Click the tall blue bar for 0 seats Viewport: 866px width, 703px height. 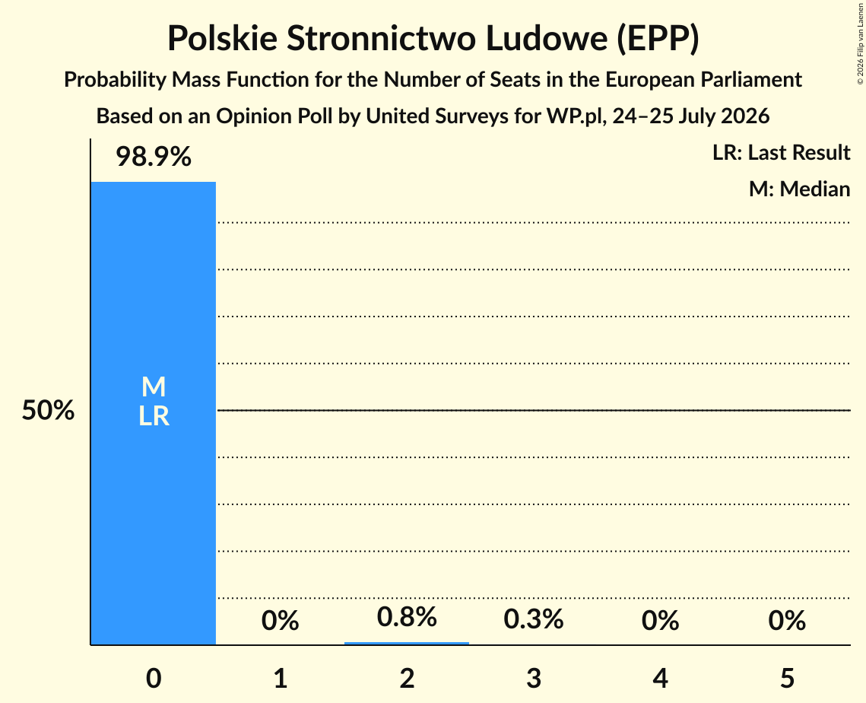pyautogui.click(x=154, y=413)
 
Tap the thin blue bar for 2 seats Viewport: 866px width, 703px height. pyautogui.click(x=407, y=644)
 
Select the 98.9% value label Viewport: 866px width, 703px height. pyautogui.click(x=154, y=157)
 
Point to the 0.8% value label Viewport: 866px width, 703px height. pyautogui.click(x=407, y=617)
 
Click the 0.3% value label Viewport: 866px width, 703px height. pyautogui.click(x=534, y=619)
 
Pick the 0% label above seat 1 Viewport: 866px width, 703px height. pyautogui.click(x=280, y=621)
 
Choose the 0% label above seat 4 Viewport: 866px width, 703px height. pyautogui.click(x=660, y=621)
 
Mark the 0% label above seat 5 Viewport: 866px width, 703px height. pyautogui.click(x=787, y=621)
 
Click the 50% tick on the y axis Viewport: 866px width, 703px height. pyautogui.click(x=48, y=411)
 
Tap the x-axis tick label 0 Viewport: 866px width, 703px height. pyautogui.click(x=154, y=678)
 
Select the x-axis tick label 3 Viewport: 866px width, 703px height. pyautogui.click(x=534, y=678)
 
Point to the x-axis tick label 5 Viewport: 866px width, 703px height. pyautogui.click(x=787, y=678)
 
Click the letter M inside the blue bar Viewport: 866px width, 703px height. pyautogui.click(x=154, y=386)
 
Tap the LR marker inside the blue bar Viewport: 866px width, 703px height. pyautogui.click(x=154, y=416)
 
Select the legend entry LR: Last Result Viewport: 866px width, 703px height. pyautogui.click(x=781, y=152)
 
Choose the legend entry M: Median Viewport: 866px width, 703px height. pyautogui.click(x=799, y=189)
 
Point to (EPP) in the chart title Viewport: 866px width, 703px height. pyautogui.click(x=658, y=39)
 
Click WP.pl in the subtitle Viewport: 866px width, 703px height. pyautogui.click(x=576, y=116)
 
